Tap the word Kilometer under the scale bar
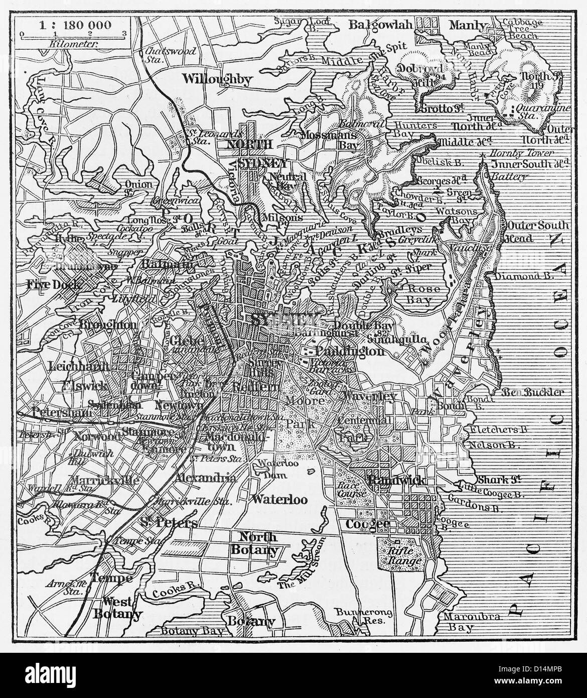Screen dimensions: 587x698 (x=70, y=43)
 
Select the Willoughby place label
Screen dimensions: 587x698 (x=217, y=79)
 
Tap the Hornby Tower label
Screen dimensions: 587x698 (x=522, y=153)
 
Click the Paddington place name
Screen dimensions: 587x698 (x=350, y=351)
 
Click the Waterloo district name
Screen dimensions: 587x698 (x=279, y=499)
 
